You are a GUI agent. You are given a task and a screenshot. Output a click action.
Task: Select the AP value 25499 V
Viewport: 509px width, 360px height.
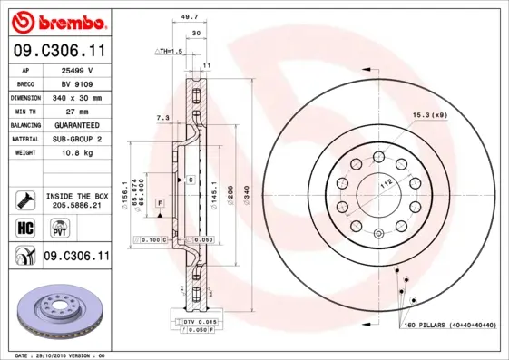click(79, 69)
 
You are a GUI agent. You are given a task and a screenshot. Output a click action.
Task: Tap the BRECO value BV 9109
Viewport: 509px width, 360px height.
click(79, 83)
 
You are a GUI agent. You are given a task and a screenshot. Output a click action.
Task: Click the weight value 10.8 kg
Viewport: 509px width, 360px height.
click(79, 152)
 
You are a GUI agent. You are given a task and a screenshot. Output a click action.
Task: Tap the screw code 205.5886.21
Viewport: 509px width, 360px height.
click(76, 206)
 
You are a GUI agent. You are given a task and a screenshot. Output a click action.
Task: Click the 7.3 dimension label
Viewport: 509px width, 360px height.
click(163, 118)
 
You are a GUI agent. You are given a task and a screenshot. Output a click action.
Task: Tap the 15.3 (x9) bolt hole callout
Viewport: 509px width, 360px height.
click(430, 116)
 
